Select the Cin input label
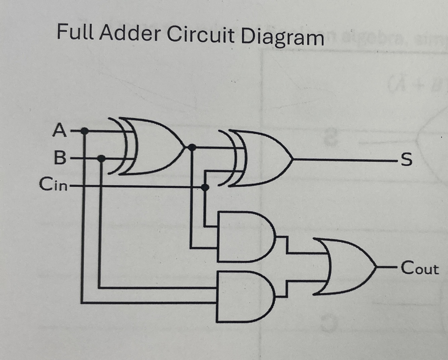coord(53,184)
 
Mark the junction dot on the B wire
coord(101,158)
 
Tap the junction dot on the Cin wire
coord(205,187)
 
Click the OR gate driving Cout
coord(346,267)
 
